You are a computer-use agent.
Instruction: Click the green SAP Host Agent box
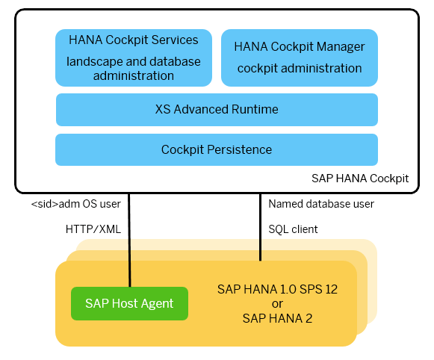point(129,303)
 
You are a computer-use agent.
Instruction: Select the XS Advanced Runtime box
point(217,110)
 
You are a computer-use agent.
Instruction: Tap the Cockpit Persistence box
point(217,149)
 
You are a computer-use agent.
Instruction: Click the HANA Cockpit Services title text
point(134,40)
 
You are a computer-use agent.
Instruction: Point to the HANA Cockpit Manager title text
point(300,47)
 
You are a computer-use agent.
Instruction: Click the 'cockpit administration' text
point(300,69)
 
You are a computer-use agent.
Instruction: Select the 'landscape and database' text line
point(134,61)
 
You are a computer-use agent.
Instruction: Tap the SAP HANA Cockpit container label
point(360,179)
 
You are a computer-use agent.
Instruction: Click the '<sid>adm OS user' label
point(76,204)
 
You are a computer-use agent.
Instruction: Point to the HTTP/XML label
point(93,229)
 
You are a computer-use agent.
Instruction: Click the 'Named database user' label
point(321,204)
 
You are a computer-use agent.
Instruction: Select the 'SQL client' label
point(293,229)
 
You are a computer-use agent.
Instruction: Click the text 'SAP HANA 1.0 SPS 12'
point(277,290)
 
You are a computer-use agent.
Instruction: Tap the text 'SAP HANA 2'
point(277,318)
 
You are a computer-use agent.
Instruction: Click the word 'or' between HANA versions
point(277,304)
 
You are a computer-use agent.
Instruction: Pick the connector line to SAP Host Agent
point(129,240)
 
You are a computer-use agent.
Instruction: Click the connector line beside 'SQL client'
point(260,227)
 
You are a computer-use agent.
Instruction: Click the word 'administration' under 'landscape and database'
point(134,76)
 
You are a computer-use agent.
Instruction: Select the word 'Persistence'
point(240,149)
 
